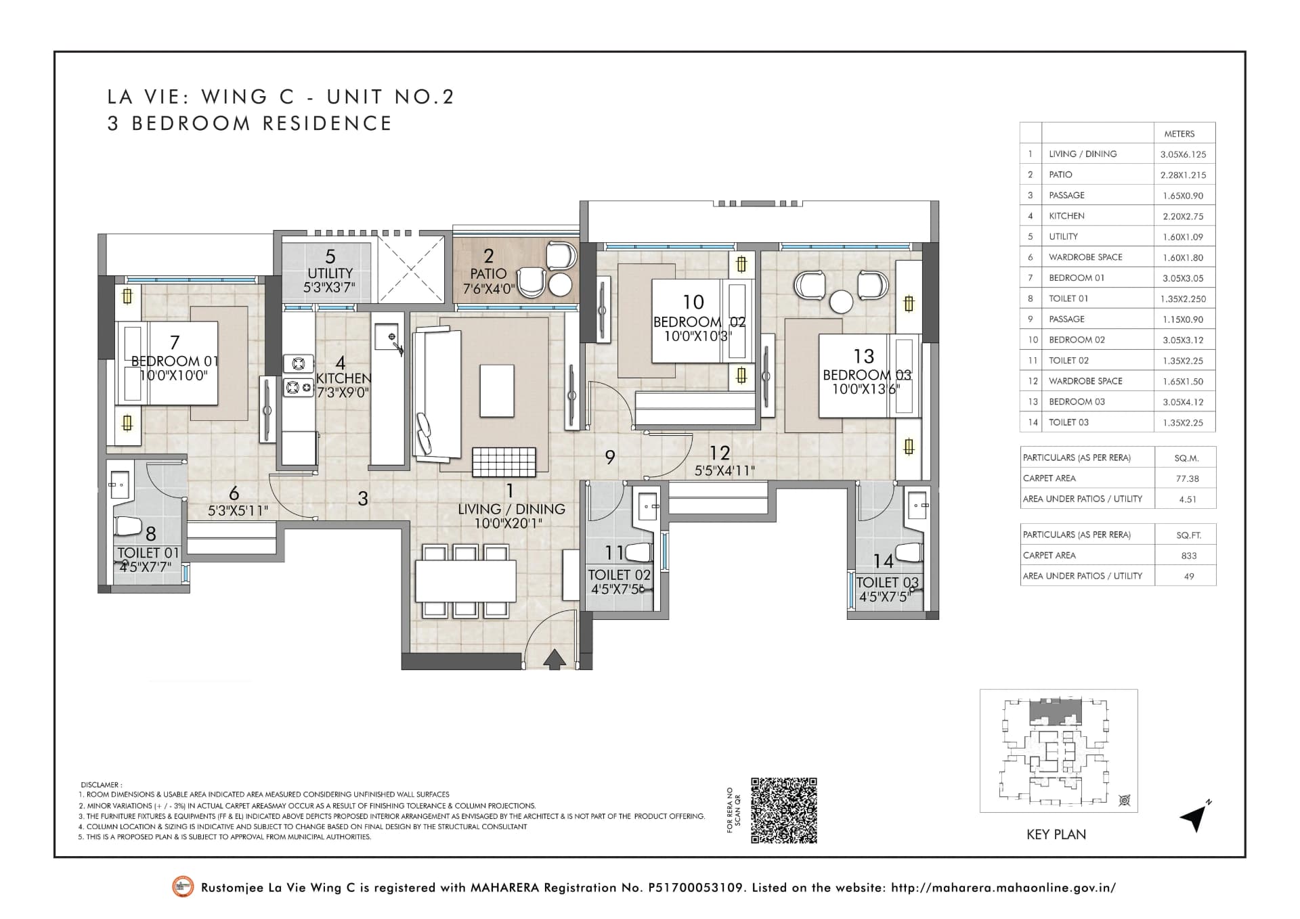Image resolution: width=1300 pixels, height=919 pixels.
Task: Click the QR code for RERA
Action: click(783, 811)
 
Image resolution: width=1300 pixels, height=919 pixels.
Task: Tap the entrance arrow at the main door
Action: click(555, 659)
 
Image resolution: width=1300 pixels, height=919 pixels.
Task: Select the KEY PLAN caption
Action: click(1056, 834)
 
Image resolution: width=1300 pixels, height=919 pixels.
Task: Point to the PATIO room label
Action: click(488, 273)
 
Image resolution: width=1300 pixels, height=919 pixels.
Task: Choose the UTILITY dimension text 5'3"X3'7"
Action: click(329, 288)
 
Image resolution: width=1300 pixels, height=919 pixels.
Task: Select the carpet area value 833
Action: click(1189, 556)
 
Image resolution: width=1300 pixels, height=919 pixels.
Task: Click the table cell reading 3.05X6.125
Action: click(1183, 154)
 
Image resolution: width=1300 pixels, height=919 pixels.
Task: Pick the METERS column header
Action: click(1179, 134)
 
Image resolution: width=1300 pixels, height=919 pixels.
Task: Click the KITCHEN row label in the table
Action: click(1066, 216)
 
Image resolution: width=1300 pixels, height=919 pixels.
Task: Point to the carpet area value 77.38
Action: click(1188, 478)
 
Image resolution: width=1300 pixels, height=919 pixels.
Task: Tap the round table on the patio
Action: click(560, 285)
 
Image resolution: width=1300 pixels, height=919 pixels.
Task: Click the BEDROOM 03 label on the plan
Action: click(867, 375)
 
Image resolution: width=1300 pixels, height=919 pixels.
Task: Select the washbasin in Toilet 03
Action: click(918, 505)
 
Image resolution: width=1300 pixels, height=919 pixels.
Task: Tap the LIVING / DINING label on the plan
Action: click(511, 509)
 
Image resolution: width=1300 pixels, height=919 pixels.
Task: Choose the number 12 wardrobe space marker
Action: click(719, 453)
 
